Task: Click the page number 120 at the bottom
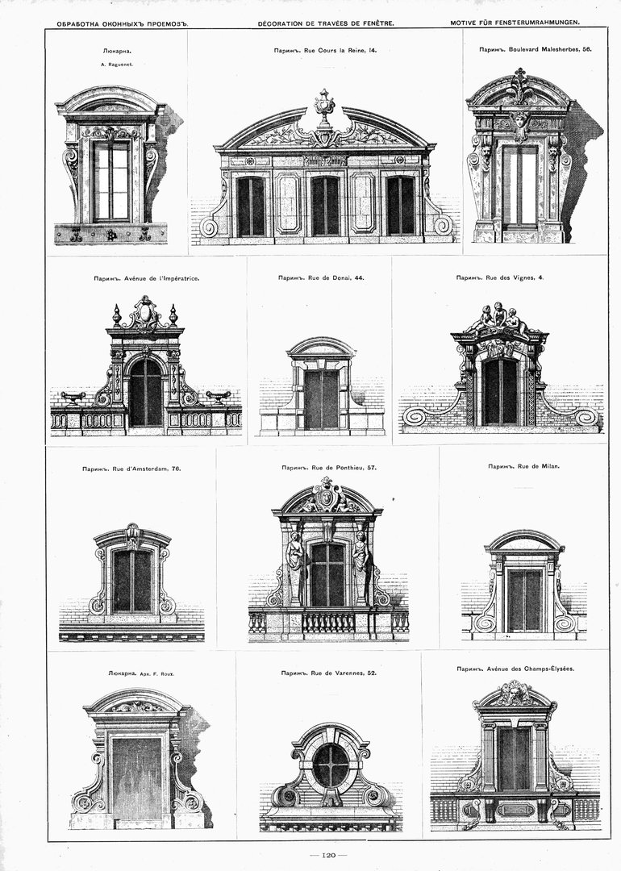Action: click(329, 854)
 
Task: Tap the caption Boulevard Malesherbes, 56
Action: click(550, 49)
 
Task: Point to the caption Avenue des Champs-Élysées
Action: click(530, 669)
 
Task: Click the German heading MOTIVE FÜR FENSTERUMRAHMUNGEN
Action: click(515, 23)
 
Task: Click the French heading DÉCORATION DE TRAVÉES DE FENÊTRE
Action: click(326, 23)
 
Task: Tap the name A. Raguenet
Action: click(117, 65)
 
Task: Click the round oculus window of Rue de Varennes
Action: click(331, 765)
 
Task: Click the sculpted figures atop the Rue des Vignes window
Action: click(498, 318)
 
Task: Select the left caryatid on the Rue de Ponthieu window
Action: click(294, 559)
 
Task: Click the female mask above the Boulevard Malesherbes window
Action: click(519, 123)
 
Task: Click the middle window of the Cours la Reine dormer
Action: click(325, 206)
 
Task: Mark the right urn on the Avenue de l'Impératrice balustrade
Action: click(218, 396)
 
